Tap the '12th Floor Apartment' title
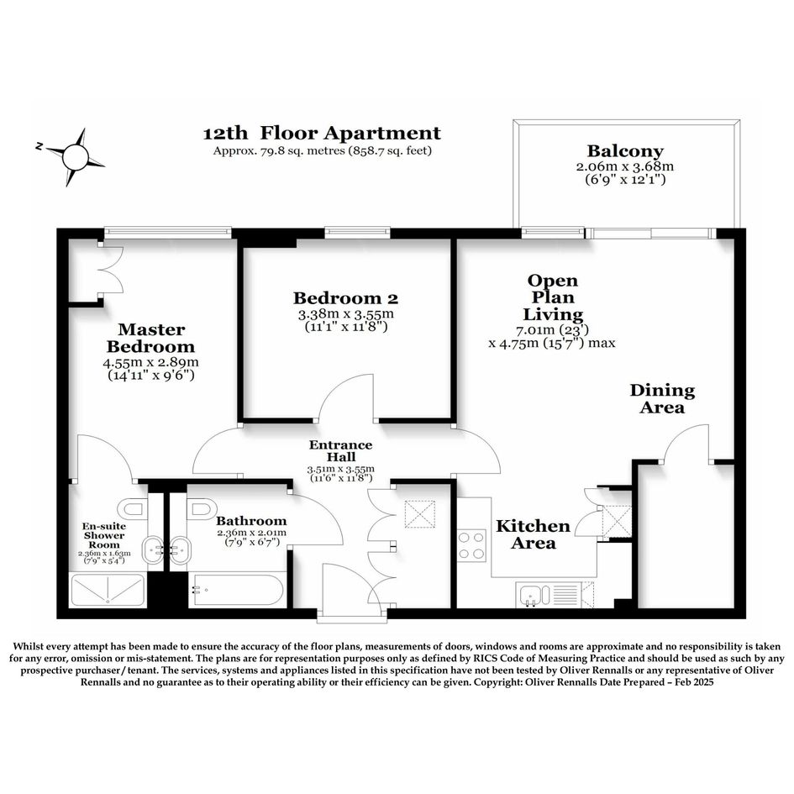322,134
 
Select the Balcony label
625,151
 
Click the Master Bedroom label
151,338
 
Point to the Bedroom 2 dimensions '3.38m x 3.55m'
346,314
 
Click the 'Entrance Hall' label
341,450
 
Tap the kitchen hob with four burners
471,545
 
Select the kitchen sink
534,595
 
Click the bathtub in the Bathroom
235,590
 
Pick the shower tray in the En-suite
108,590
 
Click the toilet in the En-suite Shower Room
133,507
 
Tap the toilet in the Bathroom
202,507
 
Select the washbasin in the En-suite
151,550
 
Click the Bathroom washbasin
181,550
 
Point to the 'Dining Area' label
662,398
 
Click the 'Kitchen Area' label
534,534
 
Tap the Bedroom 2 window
357,233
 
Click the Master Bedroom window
167,233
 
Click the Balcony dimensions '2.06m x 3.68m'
625,166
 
